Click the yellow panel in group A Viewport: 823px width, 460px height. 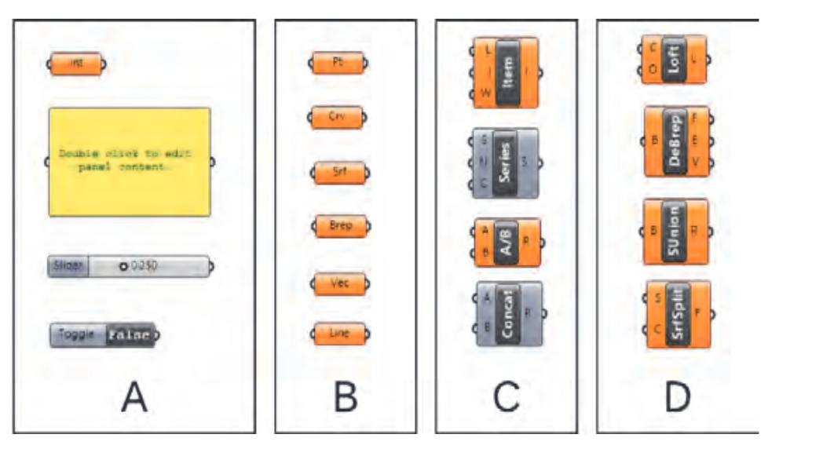[x=130, y=162]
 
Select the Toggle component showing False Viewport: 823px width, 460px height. [x=103, y=335]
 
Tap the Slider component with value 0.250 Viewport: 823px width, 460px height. [x=130, y=266]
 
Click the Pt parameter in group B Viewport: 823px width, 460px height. [x=338, y=63]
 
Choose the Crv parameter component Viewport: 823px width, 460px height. [x=338, y=118]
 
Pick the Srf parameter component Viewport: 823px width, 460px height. [x=338, y=173]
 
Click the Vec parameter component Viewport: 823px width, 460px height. [x=338, y=283]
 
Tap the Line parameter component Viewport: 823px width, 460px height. [x=338, y=333]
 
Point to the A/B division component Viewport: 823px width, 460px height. [x=506, y=243]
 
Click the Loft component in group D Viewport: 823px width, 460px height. [x=673, y=59]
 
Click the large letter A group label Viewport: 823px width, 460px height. [x=134, y=398]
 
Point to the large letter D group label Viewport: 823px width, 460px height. [x=676, y=398]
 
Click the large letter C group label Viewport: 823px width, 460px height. [x=507, y=398]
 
